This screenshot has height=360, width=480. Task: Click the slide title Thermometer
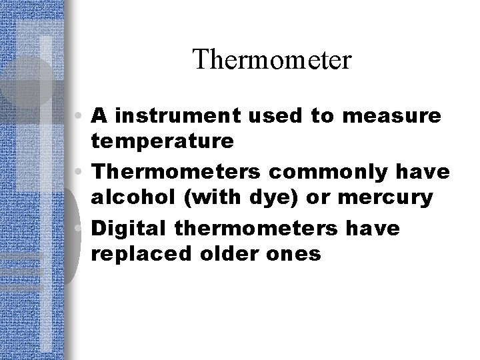pos(271,61)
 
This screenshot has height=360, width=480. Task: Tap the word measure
pos(402,116)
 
